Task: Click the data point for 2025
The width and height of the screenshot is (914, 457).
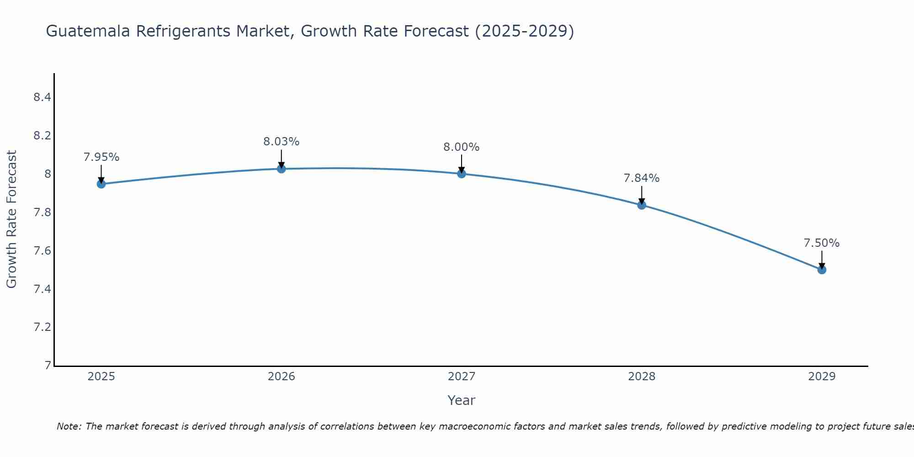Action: pos(101,184)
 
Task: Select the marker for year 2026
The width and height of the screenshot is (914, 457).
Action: pos(282,169)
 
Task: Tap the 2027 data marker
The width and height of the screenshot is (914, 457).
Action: pos(462,174)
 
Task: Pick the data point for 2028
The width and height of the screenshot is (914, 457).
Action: pos(642,205)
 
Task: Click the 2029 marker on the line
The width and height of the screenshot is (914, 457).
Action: pos(822,270)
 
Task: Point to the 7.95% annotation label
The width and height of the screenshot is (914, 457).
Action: pos(101,157)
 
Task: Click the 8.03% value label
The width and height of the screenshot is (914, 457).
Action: pos(282,142)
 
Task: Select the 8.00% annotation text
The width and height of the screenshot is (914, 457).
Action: pos(462,147)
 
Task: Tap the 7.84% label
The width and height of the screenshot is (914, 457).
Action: pos(642,178)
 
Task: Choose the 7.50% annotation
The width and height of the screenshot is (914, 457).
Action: pos(822,243)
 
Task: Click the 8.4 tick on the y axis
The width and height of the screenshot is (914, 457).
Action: pos(42,97)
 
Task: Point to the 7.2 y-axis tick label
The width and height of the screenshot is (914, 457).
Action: pos(42,327)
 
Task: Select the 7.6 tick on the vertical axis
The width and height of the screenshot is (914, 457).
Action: pos(42,250)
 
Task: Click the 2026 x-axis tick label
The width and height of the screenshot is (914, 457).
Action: pos(282,377)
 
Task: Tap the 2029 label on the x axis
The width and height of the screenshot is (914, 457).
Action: pos(822,377)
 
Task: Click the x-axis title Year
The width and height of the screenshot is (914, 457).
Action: pos(462,400)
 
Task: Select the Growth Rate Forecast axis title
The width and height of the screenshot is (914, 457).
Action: pos(11,219)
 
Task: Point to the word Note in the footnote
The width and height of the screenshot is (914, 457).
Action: pos(68,426)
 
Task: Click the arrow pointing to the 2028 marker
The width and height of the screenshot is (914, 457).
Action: pos(642,195)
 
